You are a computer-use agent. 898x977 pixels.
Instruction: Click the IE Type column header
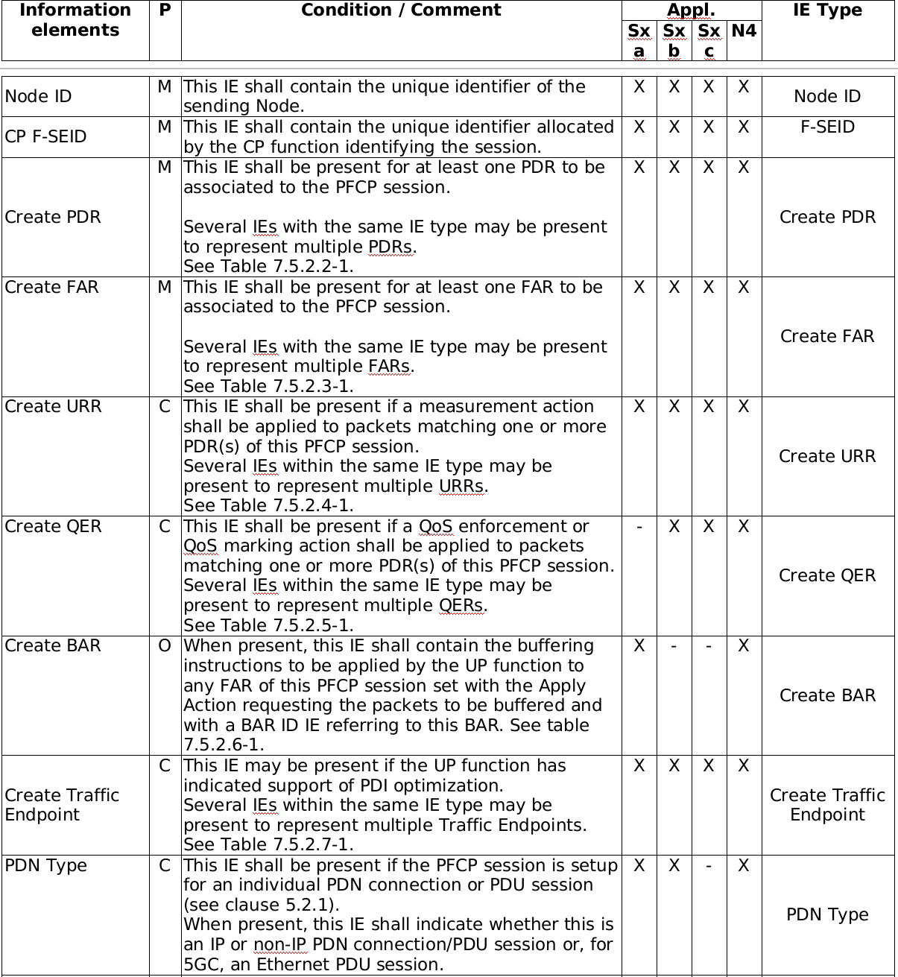827,10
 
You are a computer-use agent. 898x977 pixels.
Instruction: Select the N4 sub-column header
744,31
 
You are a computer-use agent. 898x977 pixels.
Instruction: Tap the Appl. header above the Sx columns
691,10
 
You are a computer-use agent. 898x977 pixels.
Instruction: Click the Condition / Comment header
401,10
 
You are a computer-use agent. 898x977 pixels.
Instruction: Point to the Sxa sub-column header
639,40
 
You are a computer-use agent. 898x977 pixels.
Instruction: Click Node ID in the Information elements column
38,97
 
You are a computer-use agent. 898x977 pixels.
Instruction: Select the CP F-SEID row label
45,137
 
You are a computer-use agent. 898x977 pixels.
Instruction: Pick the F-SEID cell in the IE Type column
827,127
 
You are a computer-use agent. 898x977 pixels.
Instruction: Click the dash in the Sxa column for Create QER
639,527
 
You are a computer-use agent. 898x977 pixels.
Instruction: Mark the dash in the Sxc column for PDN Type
709,866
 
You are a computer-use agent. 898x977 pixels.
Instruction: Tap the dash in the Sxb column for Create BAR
674,646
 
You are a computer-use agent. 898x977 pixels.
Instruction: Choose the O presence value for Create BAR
165,646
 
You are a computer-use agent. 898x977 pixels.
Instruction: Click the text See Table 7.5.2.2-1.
268,267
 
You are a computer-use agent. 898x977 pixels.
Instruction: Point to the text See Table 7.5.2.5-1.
268,626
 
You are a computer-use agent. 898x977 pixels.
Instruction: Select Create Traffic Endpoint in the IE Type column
827,806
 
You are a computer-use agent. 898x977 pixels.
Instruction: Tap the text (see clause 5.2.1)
262,905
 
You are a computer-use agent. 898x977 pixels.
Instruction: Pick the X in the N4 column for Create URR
744,407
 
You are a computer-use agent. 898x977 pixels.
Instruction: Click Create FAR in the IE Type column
827,337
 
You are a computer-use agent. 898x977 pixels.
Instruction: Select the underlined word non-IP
281,945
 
